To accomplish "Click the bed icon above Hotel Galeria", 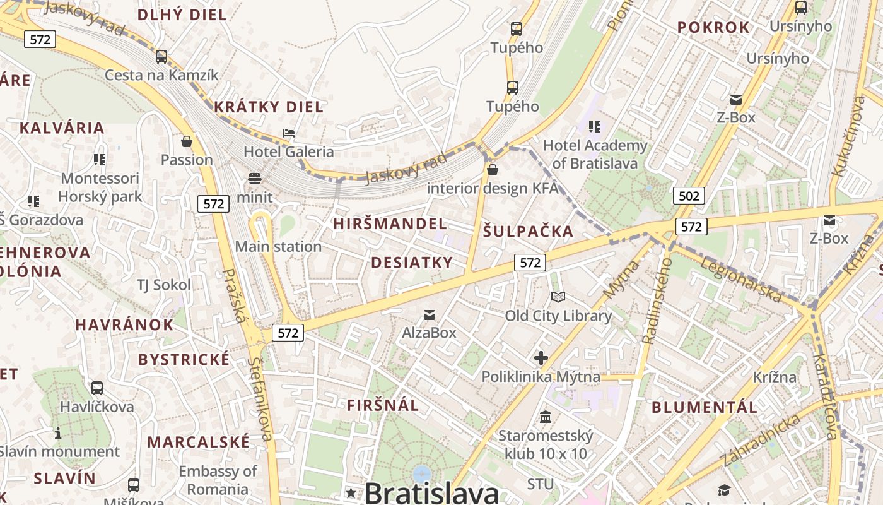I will point(289,133).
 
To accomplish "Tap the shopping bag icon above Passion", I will point(186,141).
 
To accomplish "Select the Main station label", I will point(278,246).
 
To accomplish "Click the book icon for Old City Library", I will point(558,297).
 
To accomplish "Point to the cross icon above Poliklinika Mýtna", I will point(541,358).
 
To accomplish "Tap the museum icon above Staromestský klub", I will point(546,417).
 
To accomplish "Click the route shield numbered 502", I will point(688,196).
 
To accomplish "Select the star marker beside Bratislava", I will point(351,492).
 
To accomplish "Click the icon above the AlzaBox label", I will point(429,314).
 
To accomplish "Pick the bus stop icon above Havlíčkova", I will point(97,388).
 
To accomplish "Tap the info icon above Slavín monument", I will point(58,433).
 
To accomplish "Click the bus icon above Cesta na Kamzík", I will point(161,57).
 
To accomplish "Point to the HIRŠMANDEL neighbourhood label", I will point(390,223).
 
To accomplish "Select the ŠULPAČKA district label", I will point(528,231).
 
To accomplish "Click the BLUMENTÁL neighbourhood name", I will point(704,407).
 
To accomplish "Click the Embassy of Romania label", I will point(217,480).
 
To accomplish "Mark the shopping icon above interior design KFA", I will point(493,169).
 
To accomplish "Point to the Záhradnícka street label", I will point(761,441).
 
